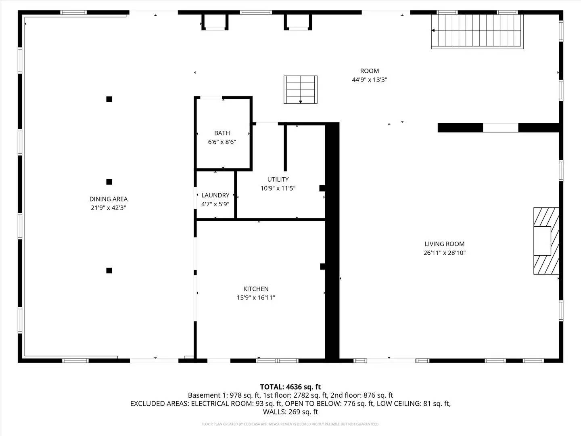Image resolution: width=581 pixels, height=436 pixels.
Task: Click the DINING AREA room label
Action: coord(108,199)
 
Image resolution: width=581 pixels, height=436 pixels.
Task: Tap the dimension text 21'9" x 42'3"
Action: coord(108,208)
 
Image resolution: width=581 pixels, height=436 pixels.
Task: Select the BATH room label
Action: coord(222,133)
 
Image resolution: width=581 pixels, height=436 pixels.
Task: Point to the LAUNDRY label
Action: coord(215,195)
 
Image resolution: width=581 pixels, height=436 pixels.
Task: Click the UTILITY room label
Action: coord(278,180)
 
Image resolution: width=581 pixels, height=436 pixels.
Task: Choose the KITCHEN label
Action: coord(256,289)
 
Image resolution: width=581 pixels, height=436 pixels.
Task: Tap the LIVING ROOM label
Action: coord(444,244)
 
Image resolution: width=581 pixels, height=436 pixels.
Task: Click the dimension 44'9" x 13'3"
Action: coord(369,80)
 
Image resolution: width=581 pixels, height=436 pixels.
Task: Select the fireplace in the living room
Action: coord(546,241)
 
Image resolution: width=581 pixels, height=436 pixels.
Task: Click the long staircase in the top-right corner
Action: coord(477,31)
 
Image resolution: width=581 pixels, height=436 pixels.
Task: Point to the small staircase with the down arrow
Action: coord(300,90)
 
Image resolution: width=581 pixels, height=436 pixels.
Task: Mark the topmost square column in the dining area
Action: coord(109,99)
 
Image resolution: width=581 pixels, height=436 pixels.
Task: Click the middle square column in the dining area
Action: coord(109,182)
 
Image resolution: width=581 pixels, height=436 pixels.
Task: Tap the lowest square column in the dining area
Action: coord(109,270)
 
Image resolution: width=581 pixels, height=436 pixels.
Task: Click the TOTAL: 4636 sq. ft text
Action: coord(290,387)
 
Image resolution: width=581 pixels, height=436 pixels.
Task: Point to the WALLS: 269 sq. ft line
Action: coord(290,412)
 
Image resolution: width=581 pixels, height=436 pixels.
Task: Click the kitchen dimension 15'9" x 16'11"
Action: coord(256,298)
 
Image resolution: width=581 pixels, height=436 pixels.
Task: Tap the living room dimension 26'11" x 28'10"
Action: coord(444,253)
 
